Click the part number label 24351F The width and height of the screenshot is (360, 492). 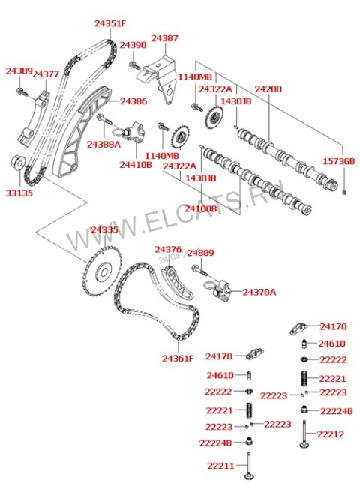(109, 23)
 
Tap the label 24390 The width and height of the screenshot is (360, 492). (133, 45)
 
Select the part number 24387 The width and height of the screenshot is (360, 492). (165, 37)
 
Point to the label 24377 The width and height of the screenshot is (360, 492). (46, 74)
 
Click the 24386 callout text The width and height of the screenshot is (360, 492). (133, 100)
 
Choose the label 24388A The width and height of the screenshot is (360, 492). (103, 143)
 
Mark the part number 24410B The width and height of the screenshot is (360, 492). (136, 164)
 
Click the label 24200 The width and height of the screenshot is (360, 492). (268, 89)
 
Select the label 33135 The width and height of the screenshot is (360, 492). (19, 193)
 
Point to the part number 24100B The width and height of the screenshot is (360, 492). (201, 208)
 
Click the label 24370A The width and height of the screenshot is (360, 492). (259, 292)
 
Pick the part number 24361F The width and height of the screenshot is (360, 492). (177, 358)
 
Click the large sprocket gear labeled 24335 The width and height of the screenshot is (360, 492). (100, 273)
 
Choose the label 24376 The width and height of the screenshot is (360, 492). (168, 249)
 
